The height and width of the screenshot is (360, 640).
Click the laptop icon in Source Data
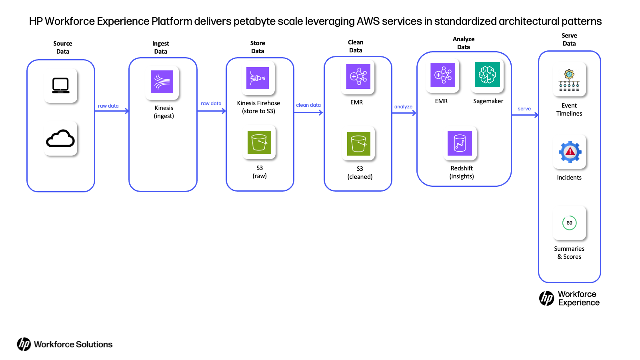point(60,86)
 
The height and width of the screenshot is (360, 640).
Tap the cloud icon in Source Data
point(60,138)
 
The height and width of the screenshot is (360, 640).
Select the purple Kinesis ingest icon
point(162,82)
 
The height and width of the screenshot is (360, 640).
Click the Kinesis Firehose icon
point(258,78)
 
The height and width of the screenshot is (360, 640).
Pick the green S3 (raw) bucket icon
point(259,142)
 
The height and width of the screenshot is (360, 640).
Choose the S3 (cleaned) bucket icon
point(358,144)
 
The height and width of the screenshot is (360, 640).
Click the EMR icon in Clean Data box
point(358,76)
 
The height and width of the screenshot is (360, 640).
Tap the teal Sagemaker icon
point(487,74)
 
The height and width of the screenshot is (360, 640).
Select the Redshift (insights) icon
point(460,143)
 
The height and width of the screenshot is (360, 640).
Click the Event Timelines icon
point(569,80)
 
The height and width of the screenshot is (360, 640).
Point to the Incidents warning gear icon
point(570,152)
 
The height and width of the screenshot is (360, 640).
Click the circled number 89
point(570,223)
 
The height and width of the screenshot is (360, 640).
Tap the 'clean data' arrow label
point(308,105)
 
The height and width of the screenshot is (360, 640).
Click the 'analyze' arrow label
point(403,106)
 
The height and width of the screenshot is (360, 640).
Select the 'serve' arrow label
point(524,108)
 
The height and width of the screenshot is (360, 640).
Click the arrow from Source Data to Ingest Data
point(112,111)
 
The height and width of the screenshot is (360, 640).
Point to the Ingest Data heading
point(160,48)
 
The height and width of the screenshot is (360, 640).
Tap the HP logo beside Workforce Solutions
point(24,344)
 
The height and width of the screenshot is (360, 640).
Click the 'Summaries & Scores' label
point(569,252)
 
